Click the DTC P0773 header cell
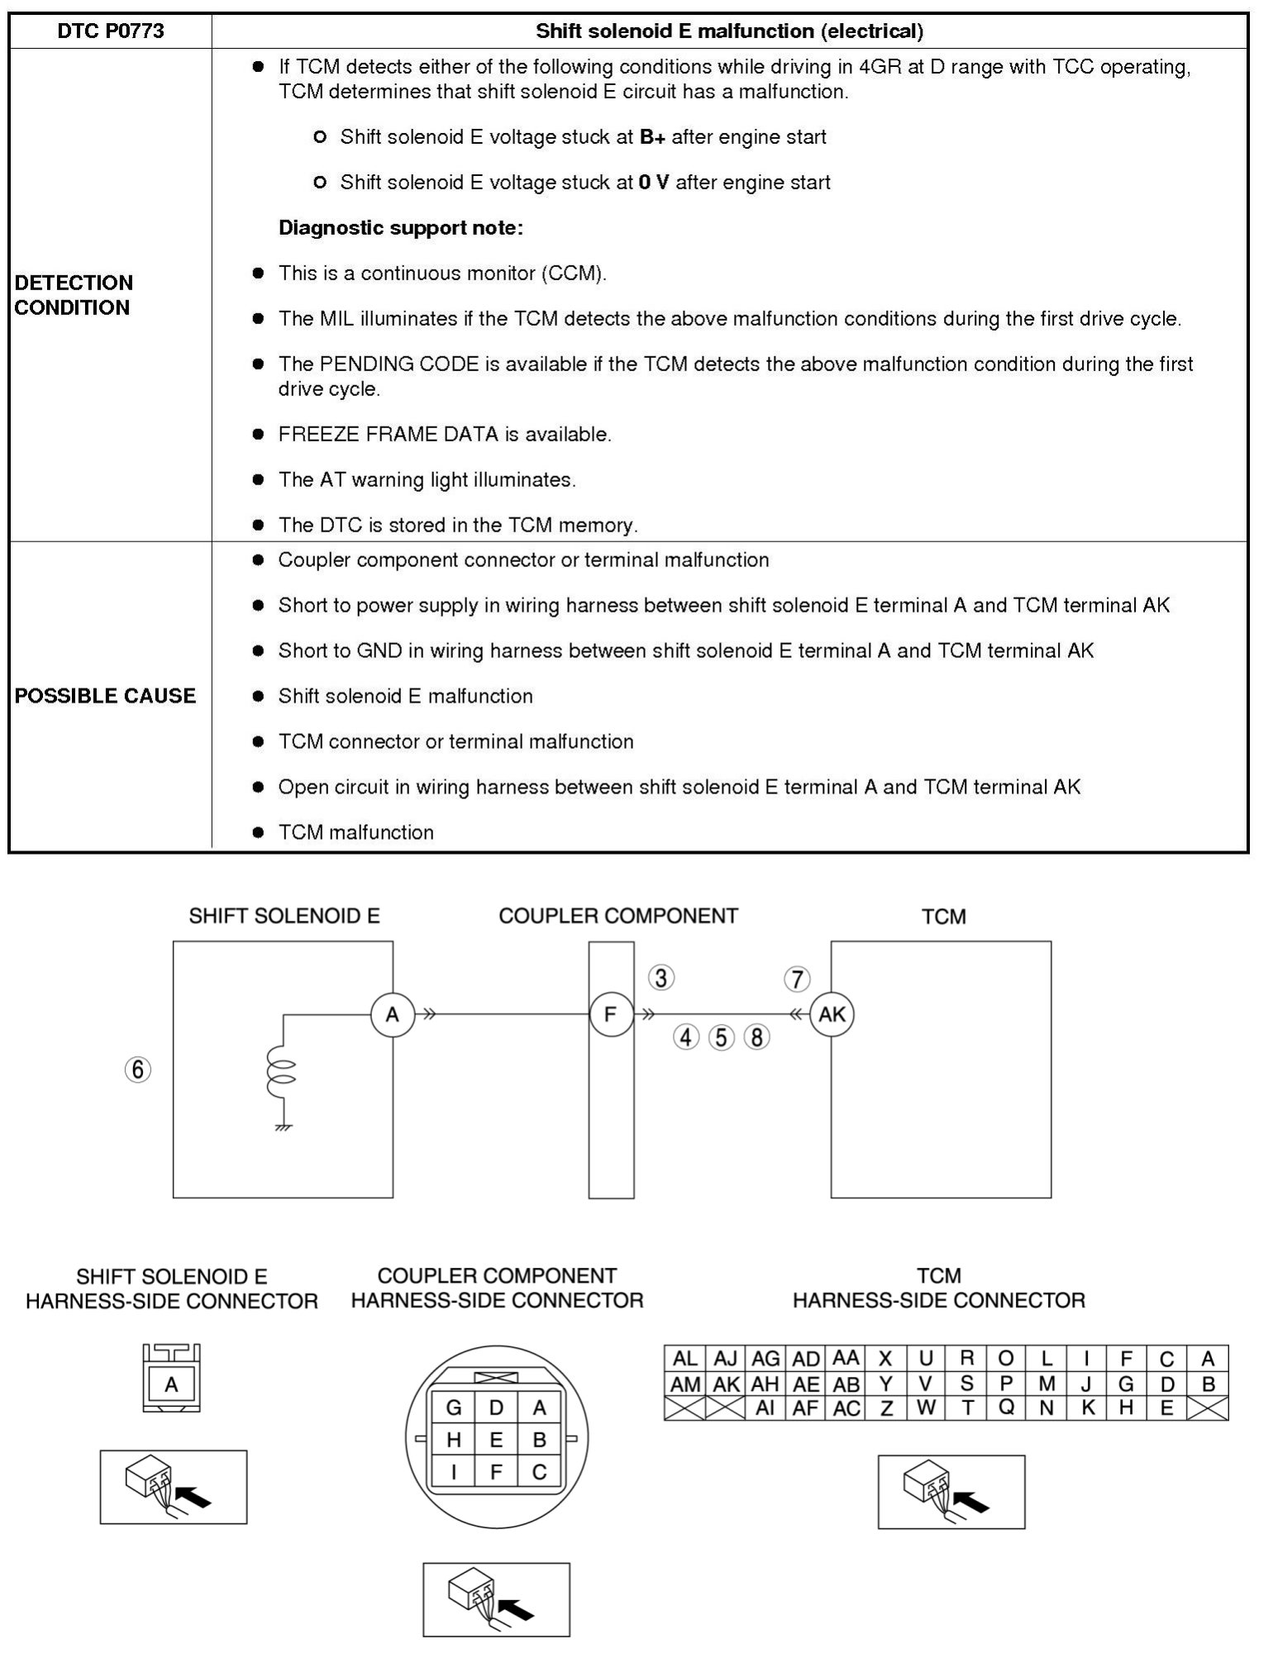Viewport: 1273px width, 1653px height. click(110, 31)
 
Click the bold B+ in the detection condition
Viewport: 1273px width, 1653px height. click(651, 137)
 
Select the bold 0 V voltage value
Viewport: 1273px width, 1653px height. click(653, 183)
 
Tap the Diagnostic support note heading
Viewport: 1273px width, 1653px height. click(400, 228)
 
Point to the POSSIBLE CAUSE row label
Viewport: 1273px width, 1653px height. click(105, 696)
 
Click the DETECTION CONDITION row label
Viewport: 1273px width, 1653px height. click(74, 295)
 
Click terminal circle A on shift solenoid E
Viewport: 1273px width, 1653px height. click(392, 1014)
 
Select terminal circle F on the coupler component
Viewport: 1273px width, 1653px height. click(611, 1014)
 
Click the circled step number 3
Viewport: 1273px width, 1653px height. click(660, 979)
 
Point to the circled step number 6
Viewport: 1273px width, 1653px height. click(138, 1069)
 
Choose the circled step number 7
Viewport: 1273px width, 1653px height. click(797, 979)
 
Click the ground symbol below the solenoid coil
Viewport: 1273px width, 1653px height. click(283, 1127)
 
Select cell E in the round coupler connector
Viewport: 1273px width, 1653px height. click(496, 1440)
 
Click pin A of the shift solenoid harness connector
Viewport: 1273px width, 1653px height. click(171, 1384)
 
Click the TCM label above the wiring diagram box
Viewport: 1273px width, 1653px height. click(943, 917)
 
